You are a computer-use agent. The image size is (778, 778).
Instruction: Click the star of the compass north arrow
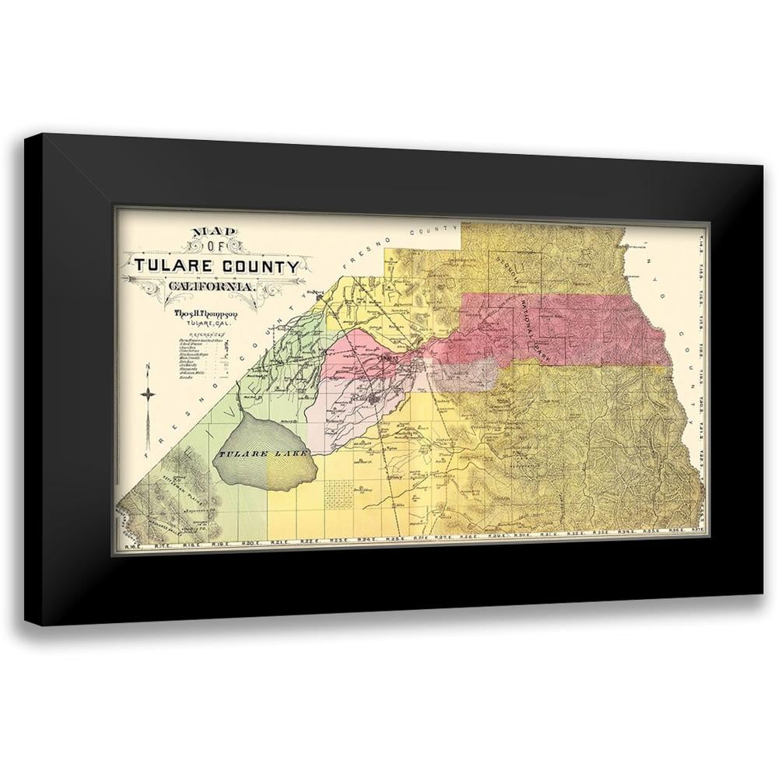[149, 394]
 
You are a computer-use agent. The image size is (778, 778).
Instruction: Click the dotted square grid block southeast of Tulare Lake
[335, 492]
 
